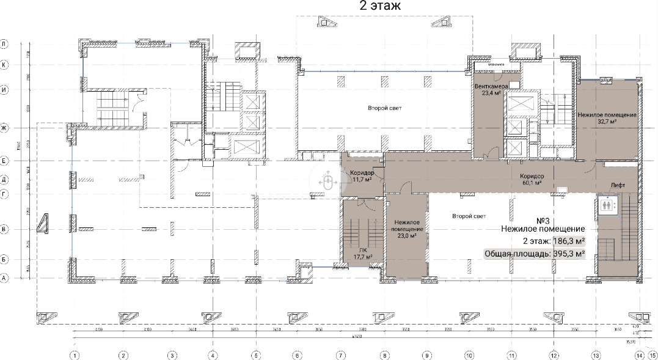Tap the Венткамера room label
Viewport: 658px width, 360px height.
click(x=492, y=87)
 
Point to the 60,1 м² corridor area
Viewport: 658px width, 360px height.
click(x=532, y=182)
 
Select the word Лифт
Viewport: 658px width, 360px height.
click(x=616, y=185)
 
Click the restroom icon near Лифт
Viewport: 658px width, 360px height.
click(x=607, y=205)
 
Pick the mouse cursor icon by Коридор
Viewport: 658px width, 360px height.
click(x=327, y=182)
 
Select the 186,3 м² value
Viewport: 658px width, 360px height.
click(x=569, y=241)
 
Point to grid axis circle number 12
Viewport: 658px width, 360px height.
click(x=554, y=354)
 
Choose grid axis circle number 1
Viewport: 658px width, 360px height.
click(x=75, y=354)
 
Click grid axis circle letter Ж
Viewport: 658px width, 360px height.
click(x=4, y=128)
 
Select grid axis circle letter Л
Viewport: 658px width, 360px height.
click(x=4, y=44)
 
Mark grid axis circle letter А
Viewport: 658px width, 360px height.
click(x=4, y=278)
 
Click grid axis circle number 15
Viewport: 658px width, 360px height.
click(x=653, y=354)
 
